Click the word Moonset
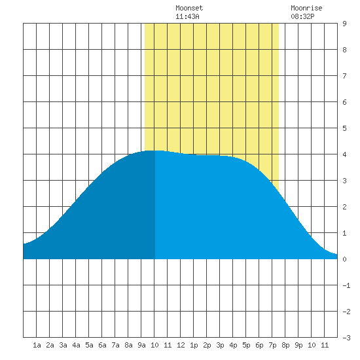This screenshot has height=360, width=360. pos(189,8)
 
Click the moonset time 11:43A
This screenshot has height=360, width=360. pos(187,16)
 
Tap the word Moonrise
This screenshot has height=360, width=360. pos(306,8)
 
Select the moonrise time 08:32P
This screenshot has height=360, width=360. pos(302,16)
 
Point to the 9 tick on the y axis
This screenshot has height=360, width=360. pos(344,24)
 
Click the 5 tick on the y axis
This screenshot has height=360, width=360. pos(344,128)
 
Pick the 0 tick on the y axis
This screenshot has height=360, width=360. pos(344,259)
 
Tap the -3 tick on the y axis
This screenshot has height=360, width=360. pos(346,338)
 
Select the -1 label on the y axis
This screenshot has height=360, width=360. pos(346,285)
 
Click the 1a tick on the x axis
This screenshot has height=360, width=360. pos(37,345)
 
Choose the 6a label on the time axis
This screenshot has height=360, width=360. pos(102,345)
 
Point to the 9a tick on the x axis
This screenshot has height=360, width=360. pos(141,345)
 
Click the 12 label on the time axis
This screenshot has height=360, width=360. pos(181,345)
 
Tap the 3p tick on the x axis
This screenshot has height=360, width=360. pos(220,345)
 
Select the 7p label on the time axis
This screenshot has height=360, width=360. pos(272,345)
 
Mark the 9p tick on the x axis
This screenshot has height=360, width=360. pos(298,345)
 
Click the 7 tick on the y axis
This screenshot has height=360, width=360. pos(344,76)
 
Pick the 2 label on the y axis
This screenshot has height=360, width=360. pos(344,207)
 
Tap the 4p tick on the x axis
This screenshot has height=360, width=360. pos(233,345)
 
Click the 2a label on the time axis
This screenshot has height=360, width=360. pos(50,345)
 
